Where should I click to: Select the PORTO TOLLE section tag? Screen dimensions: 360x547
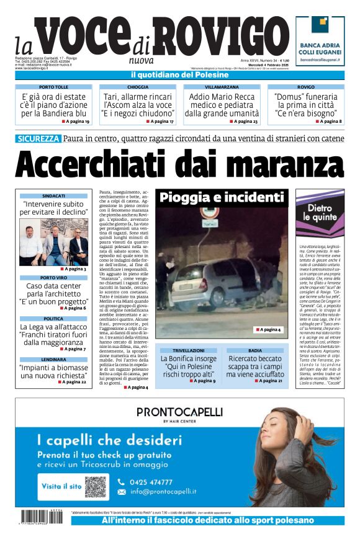click(x=54, y=87)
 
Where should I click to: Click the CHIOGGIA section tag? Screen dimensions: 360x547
click(x=137, y=87)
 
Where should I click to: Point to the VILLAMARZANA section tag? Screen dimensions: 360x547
click(x=222, y=87)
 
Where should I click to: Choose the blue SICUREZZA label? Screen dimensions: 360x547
click(x=38, y=139)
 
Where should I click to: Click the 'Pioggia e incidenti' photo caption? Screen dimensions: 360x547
click(x=222, y=198)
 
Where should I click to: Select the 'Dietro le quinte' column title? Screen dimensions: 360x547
click(x=320, y=213)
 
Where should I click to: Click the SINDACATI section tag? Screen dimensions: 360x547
click(x=54, y=196)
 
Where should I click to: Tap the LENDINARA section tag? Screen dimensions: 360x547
click(x=54, y=359)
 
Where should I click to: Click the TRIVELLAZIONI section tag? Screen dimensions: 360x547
click(x=187, y=350)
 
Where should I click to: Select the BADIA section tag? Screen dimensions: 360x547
click(x=255, y=350)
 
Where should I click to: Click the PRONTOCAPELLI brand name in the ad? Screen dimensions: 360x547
click(x=180, y=411)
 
